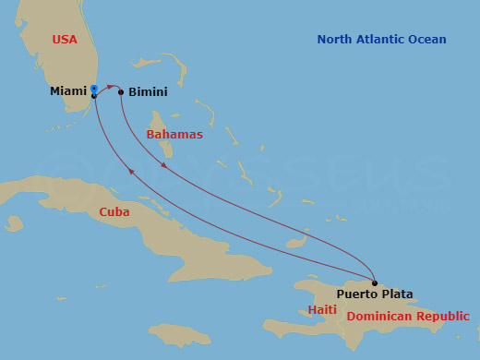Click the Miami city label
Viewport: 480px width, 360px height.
(67, 92)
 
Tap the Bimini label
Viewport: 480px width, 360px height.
(148, 93)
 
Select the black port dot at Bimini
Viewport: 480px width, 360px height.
(121, 91)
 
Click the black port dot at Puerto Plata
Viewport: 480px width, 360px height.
(375, 282)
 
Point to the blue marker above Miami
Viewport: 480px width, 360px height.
(94, 89)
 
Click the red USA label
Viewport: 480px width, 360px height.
(65, 40)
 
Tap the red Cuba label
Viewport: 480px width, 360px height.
(114, 212)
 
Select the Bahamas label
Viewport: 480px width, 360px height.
(174, 135)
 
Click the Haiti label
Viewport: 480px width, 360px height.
(322, 310)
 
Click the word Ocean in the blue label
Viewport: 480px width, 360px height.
(428, 40)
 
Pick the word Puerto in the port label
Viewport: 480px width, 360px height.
(356, 295)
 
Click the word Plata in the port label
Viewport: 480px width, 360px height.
(397, 295)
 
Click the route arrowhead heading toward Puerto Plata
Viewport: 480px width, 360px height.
(164, 165)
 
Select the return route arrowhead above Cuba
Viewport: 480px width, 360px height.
(132, 172)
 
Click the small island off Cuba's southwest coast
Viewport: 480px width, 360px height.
(14, 223)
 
